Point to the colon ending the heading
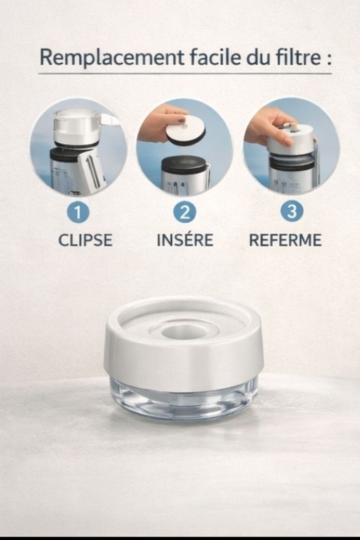(329, 60)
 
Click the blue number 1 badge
(78, 212)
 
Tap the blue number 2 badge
(185, 212)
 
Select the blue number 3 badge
(292, 211)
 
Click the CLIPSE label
(85, 240)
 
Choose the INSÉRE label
(185, 240)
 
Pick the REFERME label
(285, 240)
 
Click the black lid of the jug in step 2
(184, 165)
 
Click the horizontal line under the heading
(185, 74)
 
